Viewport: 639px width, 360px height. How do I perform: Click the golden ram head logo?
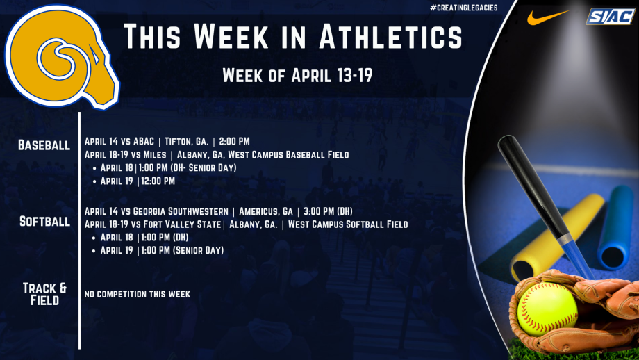click(61, 57)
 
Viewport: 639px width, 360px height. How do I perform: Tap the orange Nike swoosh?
click(547, 17)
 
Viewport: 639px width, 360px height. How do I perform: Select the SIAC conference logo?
click(610, 16)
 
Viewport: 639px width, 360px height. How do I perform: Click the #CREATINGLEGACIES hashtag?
click(464, 8)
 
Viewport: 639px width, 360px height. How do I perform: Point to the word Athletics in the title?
click(391, 37)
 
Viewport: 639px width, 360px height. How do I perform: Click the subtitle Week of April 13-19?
click(297, 76)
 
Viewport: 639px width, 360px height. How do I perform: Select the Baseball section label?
click(44, 145)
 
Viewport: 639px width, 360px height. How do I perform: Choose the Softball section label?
click(45, 222)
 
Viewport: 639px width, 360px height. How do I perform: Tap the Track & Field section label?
click(45, 294)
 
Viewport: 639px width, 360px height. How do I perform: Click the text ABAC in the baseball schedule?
click(144, 142)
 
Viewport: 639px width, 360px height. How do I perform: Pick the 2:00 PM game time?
click(234, 142)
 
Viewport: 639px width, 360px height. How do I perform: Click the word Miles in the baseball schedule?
click(155, 155)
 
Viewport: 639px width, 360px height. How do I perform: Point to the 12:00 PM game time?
click(158, 181)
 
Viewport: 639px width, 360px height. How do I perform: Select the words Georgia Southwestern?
click(181, 211)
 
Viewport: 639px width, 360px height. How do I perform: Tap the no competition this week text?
click(138, 294)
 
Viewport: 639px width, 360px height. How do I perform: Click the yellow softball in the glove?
click(547, 309)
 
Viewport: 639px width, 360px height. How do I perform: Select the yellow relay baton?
click(558, 237)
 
